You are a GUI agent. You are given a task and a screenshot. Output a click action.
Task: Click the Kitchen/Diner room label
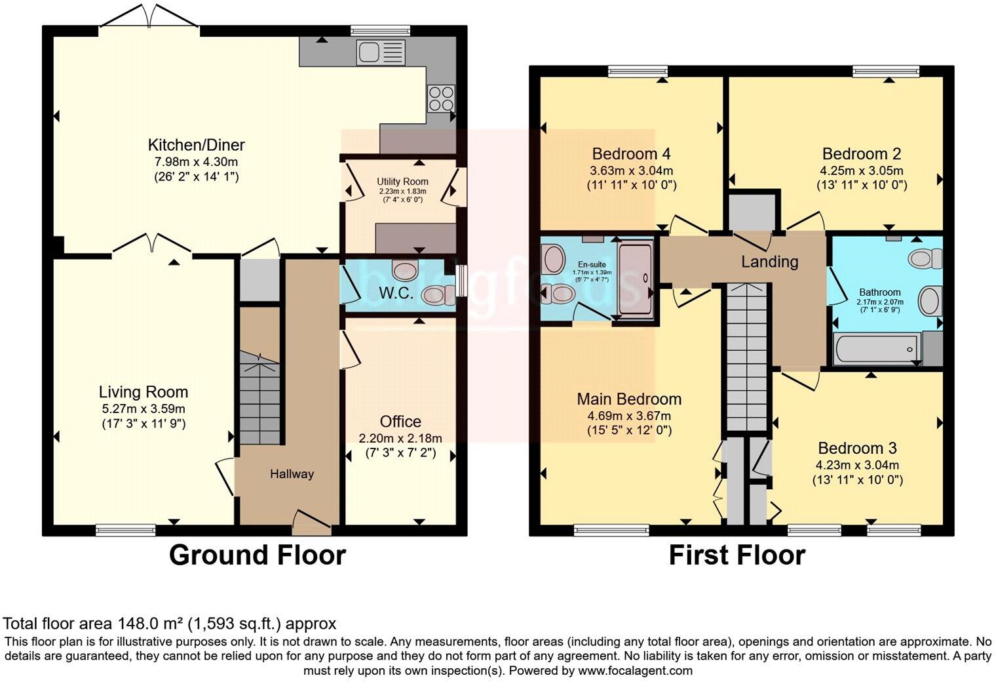click(196, 145)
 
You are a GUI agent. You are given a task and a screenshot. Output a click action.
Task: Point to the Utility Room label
click(402, 182)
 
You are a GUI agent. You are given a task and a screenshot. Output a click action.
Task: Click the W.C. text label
click(396, 292)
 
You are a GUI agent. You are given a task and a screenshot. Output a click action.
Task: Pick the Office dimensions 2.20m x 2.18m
click(400, 438)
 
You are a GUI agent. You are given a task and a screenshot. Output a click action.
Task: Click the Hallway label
click(292, 473)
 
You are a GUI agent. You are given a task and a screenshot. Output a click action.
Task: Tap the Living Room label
click(144, 392)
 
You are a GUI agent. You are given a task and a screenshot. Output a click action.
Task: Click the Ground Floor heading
click(257, 555)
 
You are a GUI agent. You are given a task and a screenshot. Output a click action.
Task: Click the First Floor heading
click(737, 555)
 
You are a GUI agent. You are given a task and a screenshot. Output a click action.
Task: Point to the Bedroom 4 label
click(630, 154)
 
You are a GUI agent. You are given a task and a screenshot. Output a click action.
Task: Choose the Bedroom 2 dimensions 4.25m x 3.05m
click(861, 170)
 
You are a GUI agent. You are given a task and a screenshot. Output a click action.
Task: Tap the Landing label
click(769, 262)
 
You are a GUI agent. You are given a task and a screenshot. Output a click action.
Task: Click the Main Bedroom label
click(629, 399)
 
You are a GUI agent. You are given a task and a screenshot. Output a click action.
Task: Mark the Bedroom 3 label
click(857, 449)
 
